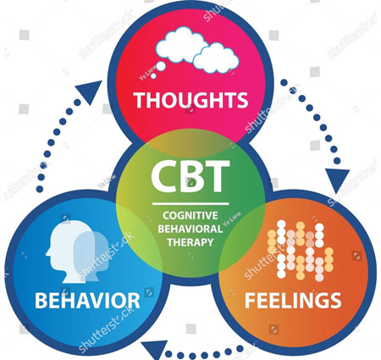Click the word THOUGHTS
pyautogui.click(x=190, y=100)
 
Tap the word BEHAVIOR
pyautogui.click(x=87, y=300)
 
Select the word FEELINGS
pyautogui.click(x=293, y=301)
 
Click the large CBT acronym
pyautogui.click(x=190, y=176)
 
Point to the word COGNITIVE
pyautogui.click(x=190, y=215)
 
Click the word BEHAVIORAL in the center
pyautogui.click(x=190, y=229)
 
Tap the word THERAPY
pyautogui.click(x=190, y=242)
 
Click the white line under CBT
pyautogui.click(x=190, y=203)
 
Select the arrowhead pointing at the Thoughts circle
pyautogui.click(x=91, y=91)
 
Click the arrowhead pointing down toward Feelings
pyautogui.click(x=338, y=180)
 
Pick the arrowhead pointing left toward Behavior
pyautogui.click(x=155, y=350)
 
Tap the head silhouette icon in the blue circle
pyautogui.click(x=77, y=251)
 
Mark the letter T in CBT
pyautogui.click(x=218, y=176)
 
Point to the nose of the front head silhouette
pyautogui.click(x=47, y=252)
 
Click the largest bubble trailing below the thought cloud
pyautogui.click(x=161, y=66)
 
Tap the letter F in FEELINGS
pyautogui.click(x=250, y=301)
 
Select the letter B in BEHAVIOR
pyautogui.click(x=41, y=301)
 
